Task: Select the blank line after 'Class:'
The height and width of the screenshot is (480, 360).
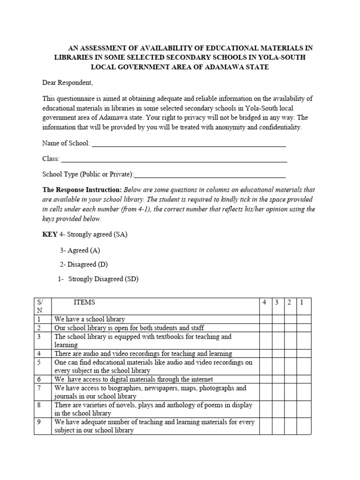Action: (x=174, y=159)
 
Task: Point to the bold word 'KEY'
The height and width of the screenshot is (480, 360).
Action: (x=50, y=234)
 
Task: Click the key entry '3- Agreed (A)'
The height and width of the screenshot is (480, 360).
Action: (x=80, y=250)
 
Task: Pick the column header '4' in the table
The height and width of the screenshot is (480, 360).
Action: (x=265, y=303)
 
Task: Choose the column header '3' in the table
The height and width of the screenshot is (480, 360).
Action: (x=277, y=303)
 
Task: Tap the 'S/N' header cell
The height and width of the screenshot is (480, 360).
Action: (x=42, y=306)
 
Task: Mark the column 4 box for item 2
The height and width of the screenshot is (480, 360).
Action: (x=265, y=328)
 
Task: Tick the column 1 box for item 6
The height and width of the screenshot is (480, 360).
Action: (x=303, y=379)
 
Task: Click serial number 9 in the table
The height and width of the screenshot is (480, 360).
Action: (x=39, y=422)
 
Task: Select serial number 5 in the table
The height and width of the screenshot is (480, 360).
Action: (x=39, y=362)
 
